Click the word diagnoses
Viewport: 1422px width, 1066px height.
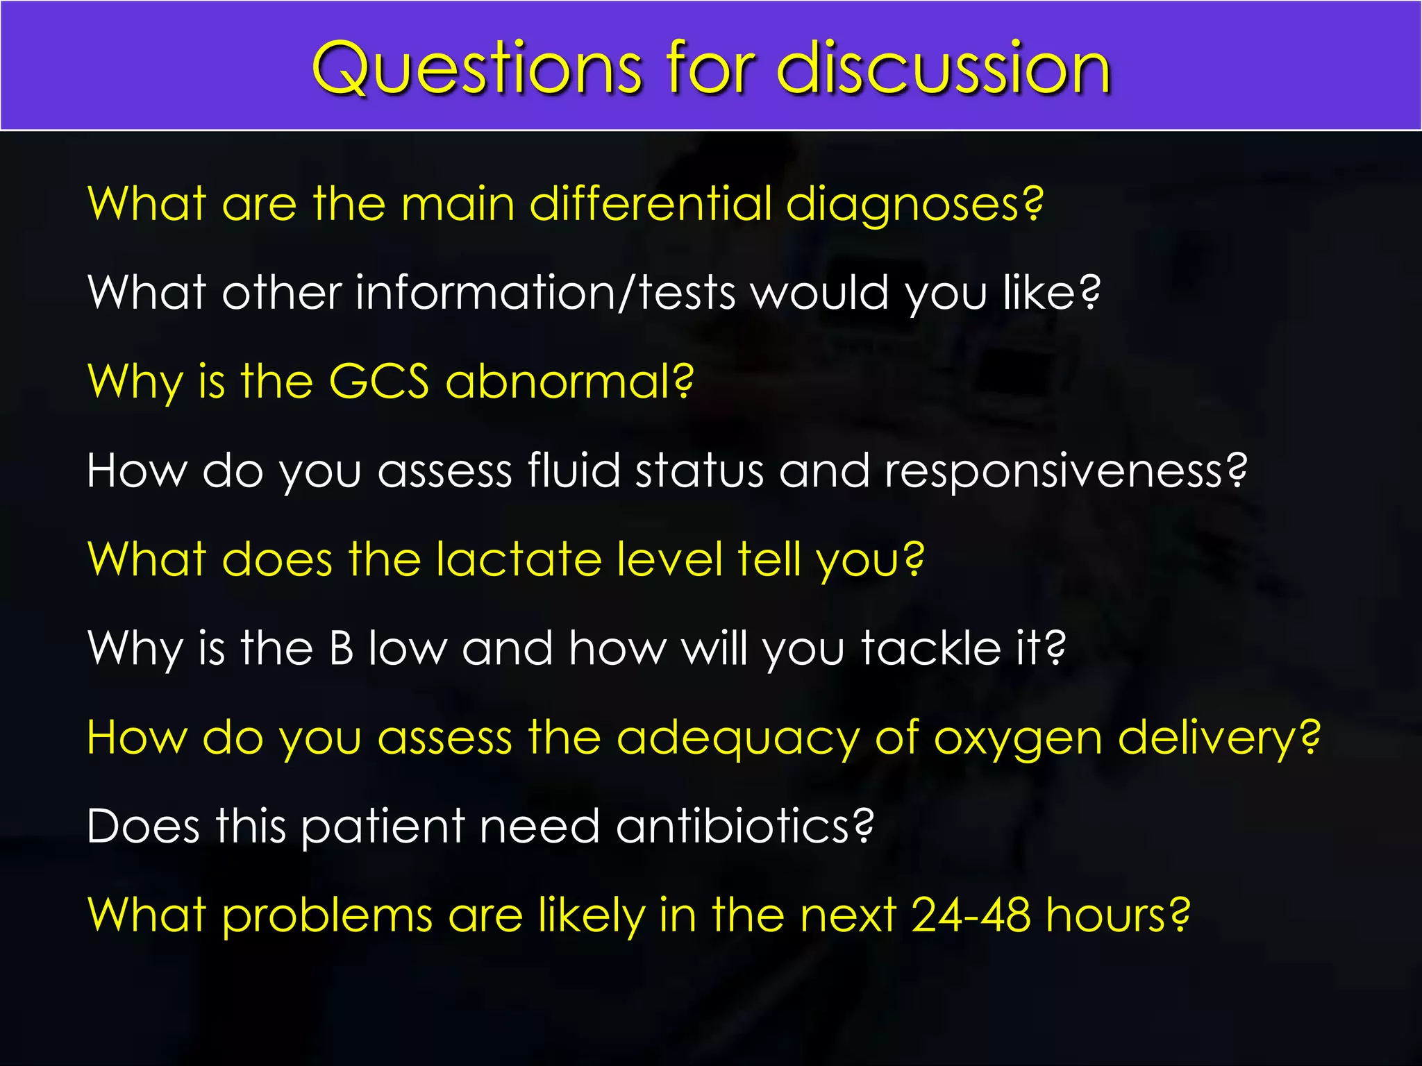[914, 205]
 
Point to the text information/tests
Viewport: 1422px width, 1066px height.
[545, 292]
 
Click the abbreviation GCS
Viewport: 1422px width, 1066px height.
[379, 381]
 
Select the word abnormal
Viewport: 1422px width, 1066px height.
[569, 381]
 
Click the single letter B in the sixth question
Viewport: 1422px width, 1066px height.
[342, 648]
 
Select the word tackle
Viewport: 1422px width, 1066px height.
[930, 648]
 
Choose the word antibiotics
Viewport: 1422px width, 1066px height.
[744, 826]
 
